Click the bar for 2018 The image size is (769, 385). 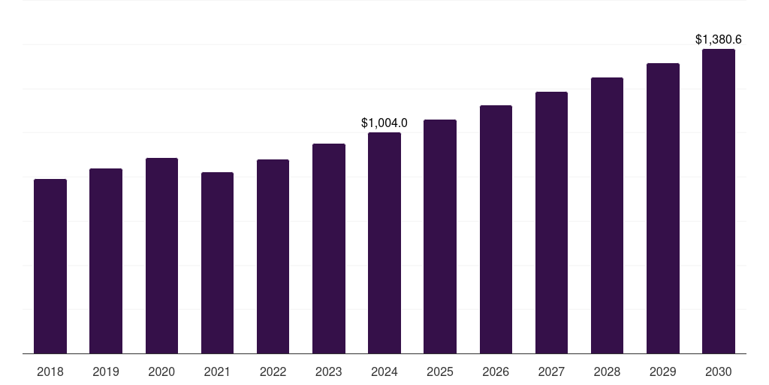[50, 266]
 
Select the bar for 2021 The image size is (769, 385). [217, 263]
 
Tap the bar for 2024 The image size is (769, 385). [384, 243]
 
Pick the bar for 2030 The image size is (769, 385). [719, 202]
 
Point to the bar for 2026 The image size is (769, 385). [496, 229]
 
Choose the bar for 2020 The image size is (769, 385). [161, 256]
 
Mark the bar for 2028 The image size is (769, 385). [607, 216]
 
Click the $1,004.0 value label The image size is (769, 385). [384, 123]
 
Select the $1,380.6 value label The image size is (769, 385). [719, 39]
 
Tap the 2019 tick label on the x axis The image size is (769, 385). [106, 371]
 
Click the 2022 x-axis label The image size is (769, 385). [273, 371]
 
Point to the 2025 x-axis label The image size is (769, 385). [440, 371]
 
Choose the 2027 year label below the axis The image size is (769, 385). [551, 371]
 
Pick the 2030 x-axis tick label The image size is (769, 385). [719, 371]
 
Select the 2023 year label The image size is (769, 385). [329, 371]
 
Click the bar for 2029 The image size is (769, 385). [663, 208]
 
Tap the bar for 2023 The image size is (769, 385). [329, 248]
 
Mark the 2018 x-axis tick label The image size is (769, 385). [50, 371]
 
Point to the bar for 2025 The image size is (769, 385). [440, 236]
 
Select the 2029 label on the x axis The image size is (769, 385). [663, 371]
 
